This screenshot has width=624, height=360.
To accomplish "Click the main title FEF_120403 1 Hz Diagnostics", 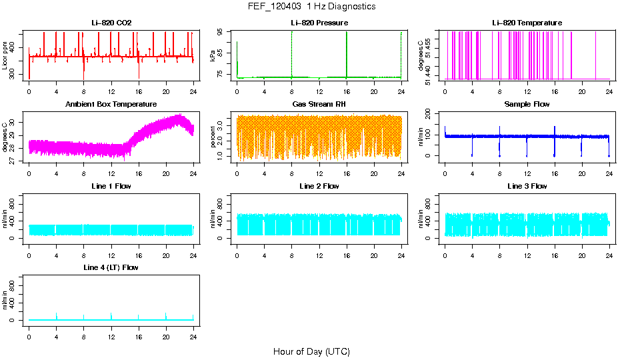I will (311, 7).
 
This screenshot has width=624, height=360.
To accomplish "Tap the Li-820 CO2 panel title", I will (111, 23).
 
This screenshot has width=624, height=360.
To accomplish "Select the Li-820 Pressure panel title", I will (319, 23).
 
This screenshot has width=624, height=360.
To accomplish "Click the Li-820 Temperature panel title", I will (527, 23).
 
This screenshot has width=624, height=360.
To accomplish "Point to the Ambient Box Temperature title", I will (111, 105).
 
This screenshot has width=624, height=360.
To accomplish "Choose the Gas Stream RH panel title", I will (319, 105).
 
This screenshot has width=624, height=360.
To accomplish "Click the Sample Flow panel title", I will (527, 105).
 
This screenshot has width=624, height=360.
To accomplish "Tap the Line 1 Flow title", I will (111, 187).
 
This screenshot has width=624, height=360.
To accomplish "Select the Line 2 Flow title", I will (319, 187).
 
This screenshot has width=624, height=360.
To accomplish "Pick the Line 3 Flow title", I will (527, 187).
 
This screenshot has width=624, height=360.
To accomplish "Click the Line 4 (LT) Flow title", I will (111, 268).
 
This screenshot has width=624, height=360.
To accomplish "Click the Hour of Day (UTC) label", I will (311, 351).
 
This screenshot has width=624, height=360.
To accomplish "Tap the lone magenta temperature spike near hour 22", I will (596, 53).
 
